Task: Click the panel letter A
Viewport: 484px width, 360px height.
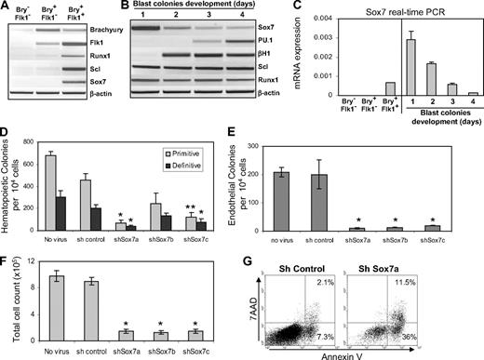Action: pyautogui.click(x=7, y=7)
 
